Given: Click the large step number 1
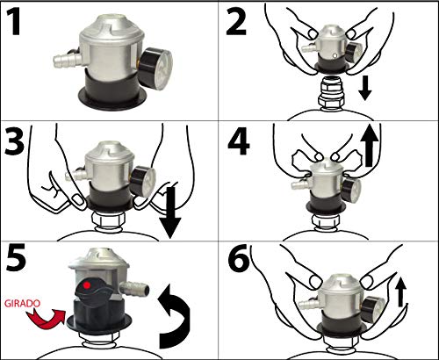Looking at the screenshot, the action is (x=13, y=21).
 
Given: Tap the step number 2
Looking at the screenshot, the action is (x=236, y=21).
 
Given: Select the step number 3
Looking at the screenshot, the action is (x=15, y=140).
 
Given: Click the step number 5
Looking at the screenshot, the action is (x=16, y=258).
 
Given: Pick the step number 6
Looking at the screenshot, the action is (x=239, y=258).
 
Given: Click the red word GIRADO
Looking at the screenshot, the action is (x=22, y=304).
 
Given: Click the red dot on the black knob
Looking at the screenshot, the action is (x=87, y=284).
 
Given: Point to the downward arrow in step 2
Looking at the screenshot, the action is (x=365, y=87).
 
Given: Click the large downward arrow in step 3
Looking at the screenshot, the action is (x=170, y=212).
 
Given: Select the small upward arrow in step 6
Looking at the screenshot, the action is (x=401, y=292).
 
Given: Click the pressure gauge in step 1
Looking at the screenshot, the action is (x=155, y=68).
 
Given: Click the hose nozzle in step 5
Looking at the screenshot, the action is (x=135, y=289).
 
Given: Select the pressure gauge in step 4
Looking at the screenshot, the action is (x=351, y=191).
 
